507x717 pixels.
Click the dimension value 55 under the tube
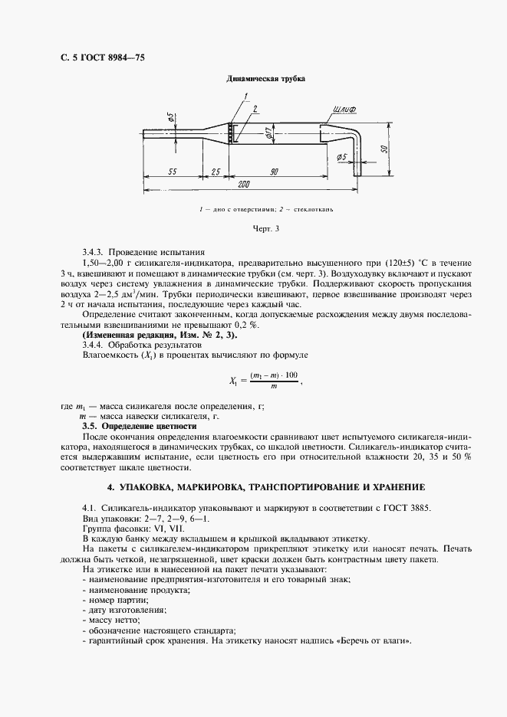(173, 172)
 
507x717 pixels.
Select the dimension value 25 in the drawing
(216, 172)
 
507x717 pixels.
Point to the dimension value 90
(273, 172)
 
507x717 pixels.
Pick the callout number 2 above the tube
(255, 108)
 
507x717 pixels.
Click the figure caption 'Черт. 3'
(266, 228)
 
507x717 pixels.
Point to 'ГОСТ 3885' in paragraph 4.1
(410, 506)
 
